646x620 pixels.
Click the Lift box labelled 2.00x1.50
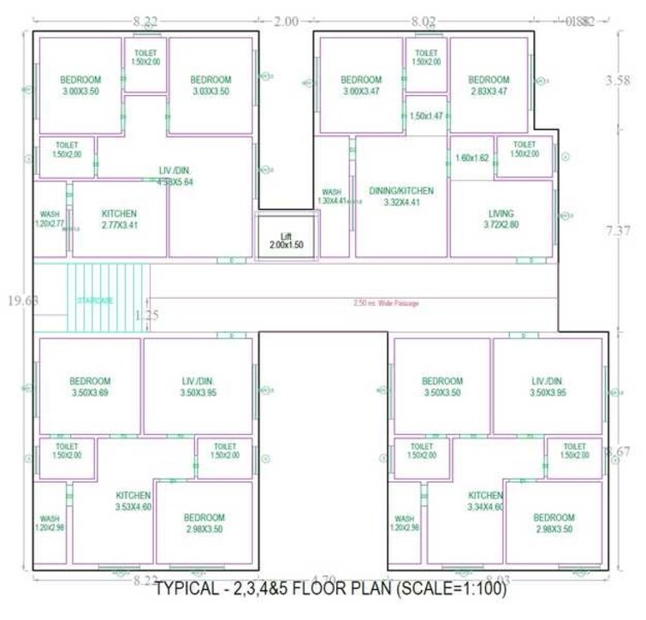click(x=287, y=240)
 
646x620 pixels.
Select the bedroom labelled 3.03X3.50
click(x=210, y=86)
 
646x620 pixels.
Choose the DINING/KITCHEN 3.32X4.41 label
click(x=401, y=196)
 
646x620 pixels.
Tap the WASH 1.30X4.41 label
click(x=333, y=196)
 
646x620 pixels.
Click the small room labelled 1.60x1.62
click(x=471, y=158)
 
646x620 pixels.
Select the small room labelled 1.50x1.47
click(x=425, y=116)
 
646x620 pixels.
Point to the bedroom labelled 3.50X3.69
click(x=90, y=387)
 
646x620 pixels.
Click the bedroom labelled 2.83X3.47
click(x=489, y=86)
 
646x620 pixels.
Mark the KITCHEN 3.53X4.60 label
click(x=133, y=501)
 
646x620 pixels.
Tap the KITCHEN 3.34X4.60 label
click(x=485, y=501)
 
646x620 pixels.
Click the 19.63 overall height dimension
click(x=17, y=301)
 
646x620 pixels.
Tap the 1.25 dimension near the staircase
click(x=147, y=314)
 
